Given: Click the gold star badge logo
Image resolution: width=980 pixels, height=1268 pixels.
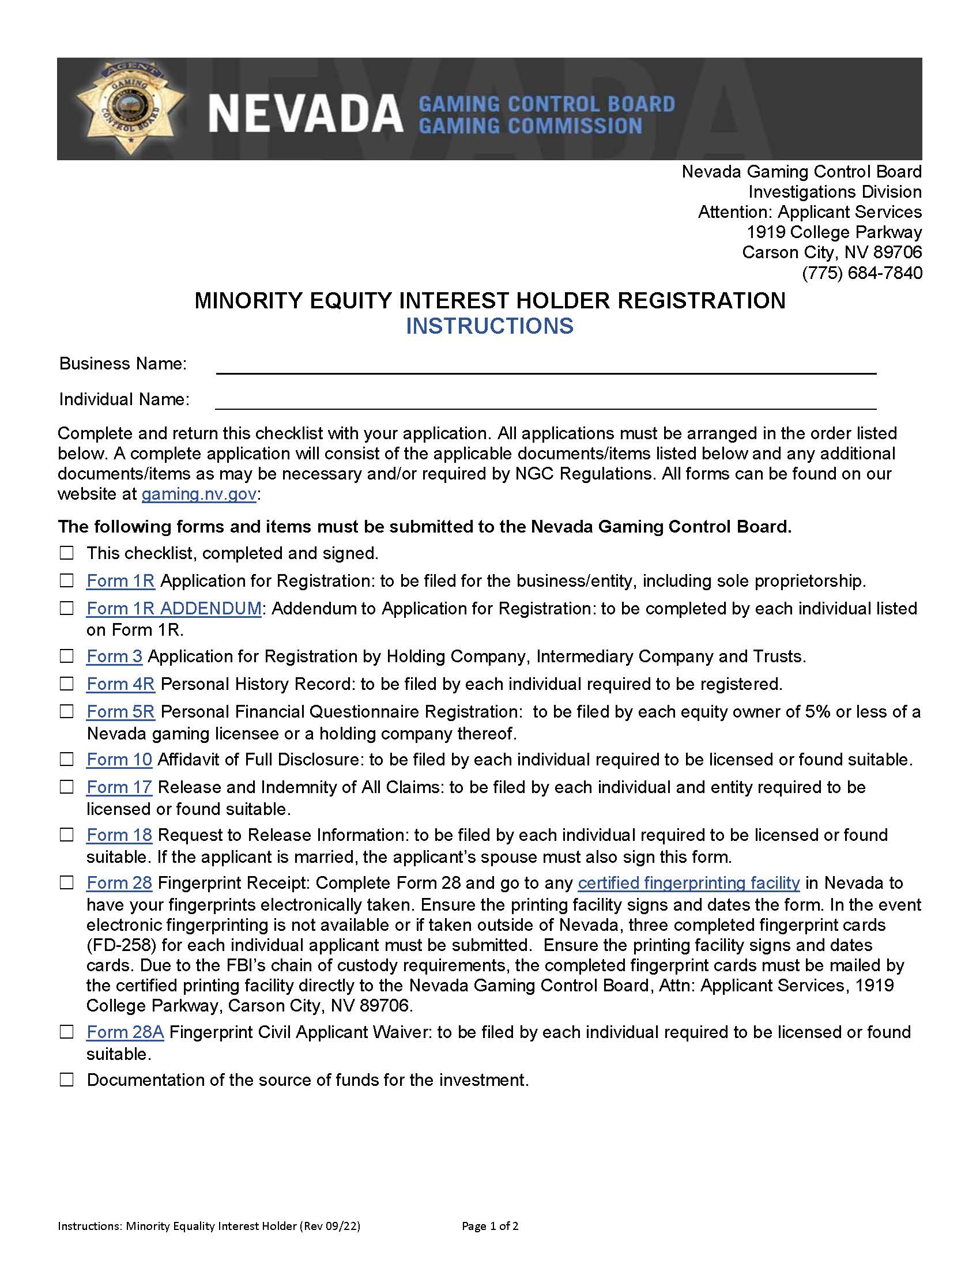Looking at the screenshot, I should pyautogui.click(x=129, y=108).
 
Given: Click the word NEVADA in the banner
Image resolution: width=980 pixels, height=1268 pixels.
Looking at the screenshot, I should pyautogui.click(x=306, y=114).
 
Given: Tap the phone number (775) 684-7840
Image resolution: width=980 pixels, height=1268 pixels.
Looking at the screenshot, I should pyautogui.click(x=862, y=272).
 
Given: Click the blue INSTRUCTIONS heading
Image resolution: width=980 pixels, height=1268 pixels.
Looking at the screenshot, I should pyautogui.click(x=489, y=326).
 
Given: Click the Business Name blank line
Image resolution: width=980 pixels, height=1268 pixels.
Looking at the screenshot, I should pyautogui.click(x=546, y=367).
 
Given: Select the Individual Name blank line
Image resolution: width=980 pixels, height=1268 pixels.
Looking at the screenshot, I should pyautogui.click(x=546, y=402).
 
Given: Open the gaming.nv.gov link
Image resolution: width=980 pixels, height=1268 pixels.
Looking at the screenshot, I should pyautogui.click(x=198, y=494).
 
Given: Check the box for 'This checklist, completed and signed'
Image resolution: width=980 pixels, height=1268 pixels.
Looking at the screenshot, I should pyautogui.click(x=67, y=553).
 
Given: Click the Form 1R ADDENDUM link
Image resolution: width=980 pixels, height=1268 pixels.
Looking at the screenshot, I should pyautogui.click(x=174, y=609).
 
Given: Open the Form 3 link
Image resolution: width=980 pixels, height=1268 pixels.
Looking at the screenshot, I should pyautogui.click(x=114, y=656).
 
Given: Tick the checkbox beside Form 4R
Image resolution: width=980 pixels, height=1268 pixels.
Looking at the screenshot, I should pyautogui.click(x=67, y=684).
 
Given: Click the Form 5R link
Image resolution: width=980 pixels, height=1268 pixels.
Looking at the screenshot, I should pyautogui.click(x=120, y=712).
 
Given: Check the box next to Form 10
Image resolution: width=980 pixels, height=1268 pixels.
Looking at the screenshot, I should pyautogui.click(x=67, y=760).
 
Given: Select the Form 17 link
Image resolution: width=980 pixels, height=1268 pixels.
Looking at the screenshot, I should pyautogui.click(x=119, y=787).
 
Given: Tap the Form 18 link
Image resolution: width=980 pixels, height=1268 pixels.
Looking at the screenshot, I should pyautogui.click(x=119, y=835).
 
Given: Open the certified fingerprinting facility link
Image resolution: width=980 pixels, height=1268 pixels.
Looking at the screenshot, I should pyautogui.click(x=688, y=883).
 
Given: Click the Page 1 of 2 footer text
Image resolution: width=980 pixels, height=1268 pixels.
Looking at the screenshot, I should pyautogui.click(x=490, y=1226).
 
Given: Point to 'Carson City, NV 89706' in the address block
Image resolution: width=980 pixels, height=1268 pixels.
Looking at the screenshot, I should pyautogui.click(x=831, y=252).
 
